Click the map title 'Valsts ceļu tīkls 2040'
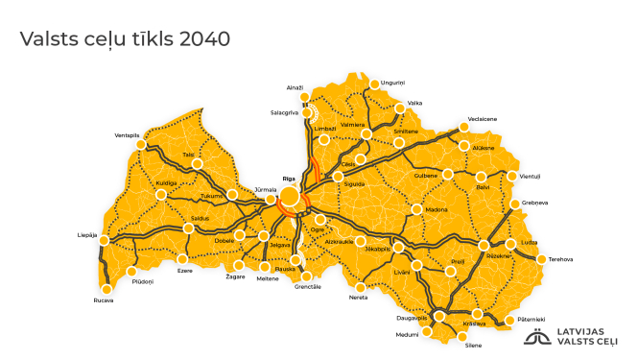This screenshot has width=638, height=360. click(125, 39)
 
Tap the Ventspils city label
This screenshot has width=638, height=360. click(128, 135)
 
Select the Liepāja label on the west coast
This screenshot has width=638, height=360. click(87, 235)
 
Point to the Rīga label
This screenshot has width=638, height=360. click(289, 179)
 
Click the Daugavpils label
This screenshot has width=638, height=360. click(412, 317)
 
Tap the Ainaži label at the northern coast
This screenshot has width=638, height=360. click(295, 87)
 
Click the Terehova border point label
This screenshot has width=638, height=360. click(560, 258)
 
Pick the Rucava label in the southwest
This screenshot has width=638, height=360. click(104, 300)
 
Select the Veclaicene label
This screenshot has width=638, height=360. click(482, 119)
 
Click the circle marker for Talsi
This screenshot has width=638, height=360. click(197, 164)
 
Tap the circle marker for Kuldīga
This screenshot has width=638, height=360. click(161, 194)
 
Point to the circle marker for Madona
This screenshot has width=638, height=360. click(416, 209)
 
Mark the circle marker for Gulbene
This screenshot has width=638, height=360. click(447, 174)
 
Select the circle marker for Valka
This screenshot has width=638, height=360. click(400, 108)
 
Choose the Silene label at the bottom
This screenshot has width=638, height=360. click(472, 345)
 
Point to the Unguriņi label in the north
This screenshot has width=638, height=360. click(393, 83)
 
